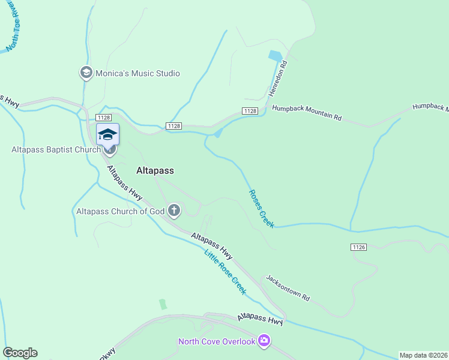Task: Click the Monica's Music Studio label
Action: click(x=137, y=73)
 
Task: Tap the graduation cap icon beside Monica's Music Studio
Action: click(x=86, y=73)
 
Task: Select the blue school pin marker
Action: click(x=107, y=134)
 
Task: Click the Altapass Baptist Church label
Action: click(x=55, y=149)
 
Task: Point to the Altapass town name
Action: click(x=155, y=170)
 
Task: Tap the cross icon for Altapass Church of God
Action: click(x=174, y=210)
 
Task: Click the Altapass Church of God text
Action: click(x=120, y=211)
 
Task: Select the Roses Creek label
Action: click(x=262, y=208)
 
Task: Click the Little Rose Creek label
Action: click(x=225, y=272)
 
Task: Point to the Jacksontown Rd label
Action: click(x=288, y=288)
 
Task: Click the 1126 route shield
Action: click(x=358, y=247)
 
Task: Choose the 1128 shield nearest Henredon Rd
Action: click(x=250, y=111)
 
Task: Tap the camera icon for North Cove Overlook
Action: click(x=264, y=341)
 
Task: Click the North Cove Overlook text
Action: click(x=217, y=342)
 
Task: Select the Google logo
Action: click(x=20, y=353)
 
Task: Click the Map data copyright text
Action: click(x=423, y=355)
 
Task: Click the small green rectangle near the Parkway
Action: click(x=163, y=304)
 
